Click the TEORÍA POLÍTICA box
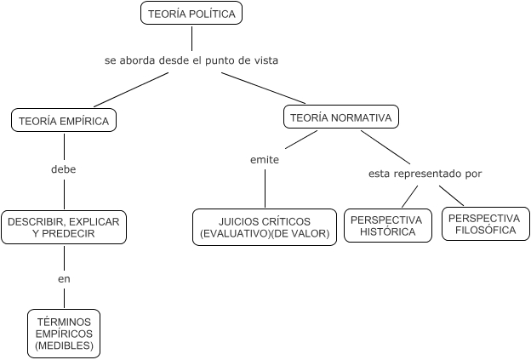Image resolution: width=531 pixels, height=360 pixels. click(191, 14)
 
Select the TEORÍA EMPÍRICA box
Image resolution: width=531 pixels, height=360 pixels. click(64, 121)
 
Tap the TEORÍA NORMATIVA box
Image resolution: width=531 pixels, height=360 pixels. click(340, 118)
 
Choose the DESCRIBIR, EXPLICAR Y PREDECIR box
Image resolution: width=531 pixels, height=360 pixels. click(64, 226)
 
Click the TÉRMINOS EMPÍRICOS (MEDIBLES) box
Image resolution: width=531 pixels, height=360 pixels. click(64, 334)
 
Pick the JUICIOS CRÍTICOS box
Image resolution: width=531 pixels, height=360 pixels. click(265, 226)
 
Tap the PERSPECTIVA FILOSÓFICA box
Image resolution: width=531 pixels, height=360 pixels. click(482, 224)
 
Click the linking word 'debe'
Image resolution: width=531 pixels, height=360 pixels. click(64, 169)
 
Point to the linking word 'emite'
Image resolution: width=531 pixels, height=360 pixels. click(265, 159)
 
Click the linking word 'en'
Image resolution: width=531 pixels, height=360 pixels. click(64, 278)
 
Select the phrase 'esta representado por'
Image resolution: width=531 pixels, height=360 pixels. click(425, 174)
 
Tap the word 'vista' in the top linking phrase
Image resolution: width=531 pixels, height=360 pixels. click(265, 60)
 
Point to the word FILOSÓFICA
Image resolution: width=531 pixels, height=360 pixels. click(482, 230)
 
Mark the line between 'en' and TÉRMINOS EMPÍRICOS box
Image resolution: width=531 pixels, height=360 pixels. click(64, 297)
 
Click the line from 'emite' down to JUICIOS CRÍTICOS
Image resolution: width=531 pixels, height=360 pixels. click(265, 187)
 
